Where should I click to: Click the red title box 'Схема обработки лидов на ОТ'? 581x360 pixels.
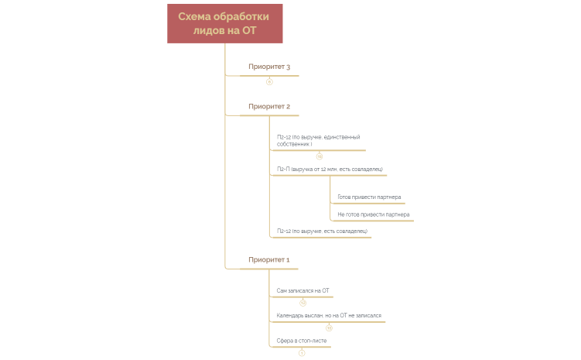[x=224, y=23]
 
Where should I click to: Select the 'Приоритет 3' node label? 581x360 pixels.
[x=268, y=67]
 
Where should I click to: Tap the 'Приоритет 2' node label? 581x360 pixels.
[x=268, y=106]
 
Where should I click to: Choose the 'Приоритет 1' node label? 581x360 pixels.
[x=268, y=259]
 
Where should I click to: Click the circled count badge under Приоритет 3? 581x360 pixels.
[x=269, y=81]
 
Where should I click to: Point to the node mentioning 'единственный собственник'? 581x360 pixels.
[x=318, y=140]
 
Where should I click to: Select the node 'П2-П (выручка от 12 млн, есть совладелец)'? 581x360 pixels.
[x=330, y=168]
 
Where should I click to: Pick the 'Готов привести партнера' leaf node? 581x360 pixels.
[x=369, y=197]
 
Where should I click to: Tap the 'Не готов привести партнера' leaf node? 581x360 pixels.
[x=374, y=214]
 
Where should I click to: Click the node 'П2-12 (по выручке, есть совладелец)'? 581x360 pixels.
[x=321, y=231]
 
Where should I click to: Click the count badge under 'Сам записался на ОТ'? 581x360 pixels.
[x=303, y=303]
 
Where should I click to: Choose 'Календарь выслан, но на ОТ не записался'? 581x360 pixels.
[x=329, y=316]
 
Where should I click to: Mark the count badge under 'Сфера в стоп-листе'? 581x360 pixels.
[x=302, y=353]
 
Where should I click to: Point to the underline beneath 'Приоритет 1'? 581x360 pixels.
[x=268, y=269]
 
